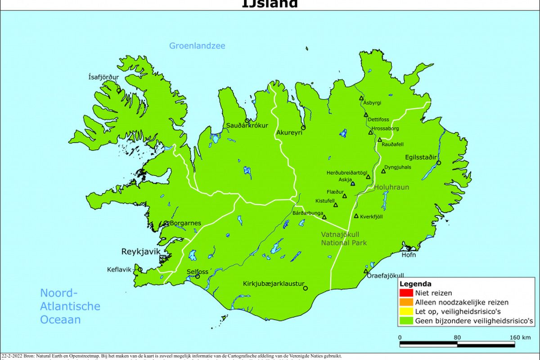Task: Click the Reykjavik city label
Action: [x=140, y=251]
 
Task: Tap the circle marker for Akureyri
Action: [x=303, y=128]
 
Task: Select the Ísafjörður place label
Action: [x=103, y=77]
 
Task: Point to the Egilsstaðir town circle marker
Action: [x=439, y=163]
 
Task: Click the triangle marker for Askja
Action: [x=353, y=184]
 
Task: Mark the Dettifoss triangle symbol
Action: [x=366, y=115]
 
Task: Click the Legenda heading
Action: [x=416, y=284]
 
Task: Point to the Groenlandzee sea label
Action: [x=197, y=46]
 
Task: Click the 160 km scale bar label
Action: [x=520, y=337]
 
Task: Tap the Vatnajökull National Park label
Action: [x=344, y=238]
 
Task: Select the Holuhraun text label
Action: [x=391, y=187]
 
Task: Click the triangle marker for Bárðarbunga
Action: [x=324, y=217]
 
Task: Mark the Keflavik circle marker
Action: [x=140, y=270]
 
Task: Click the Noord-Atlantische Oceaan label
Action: [x=70, y=306]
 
